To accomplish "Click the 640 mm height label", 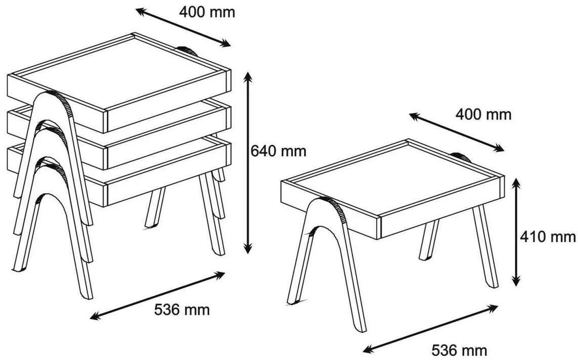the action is click(278, 151).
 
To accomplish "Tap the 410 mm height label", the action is click(548, 236).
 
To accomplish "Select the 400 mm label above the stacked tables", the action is click(207, 12).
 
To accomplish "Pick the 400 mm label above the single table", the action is click(483, 115).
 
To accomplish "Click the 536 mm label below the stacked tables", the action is click(182, 309).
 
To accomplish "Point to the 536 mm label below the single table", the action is click(459, 350).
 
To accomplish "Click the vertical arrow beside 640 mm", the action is click(248, 163).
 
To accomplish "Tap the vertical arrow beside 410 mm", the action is click(517, 232).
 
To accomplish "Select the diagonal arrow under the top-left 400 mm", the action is click(183, 27).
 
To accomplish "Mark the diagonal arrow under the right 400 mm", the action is click(456, 132).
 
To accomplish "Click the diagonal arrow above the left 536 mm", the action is click(158, 295).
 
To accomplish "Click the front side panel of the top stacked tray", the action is click(168, 101).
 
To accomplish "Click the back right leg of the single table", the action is click(485, 247).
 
